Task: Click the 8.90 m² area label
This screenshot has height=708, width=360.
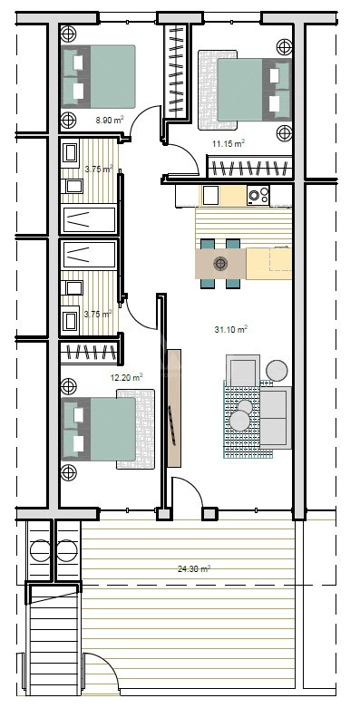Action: click(110, 120)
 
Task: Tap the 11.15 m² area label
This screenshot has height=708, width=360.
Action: click(229, 143)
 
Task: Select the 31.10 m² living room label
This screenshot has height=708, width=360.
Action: click(231, 330)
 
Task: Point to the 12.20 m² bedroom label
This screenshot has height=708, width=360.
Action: click(127, 377)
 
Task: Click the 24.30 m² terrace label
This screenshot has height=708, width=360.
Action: click(194, 569)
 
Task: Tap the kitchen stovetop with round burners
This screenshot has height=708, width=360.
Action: click(258, 195)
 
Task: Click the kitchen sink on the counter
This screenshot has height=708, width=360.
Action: click(210, 195)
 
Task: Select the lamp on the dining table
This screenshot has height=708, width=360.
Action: click(220, 263)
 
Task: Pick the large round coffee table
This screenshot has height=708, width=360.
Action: click(239, 421)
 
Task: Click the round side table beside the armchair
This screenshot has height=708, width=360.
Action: click(277, 370)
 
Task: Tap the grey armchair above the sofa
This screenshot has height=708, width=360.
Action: click(243, 369)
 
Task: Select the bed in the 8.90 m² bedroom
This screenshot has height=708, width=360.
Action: click(98, 77)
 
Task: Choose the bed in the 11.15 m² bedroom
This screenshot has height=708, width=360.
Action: click(254, 90)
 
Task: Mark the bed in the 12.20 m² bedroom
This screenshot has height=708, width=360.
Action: click(98, 429)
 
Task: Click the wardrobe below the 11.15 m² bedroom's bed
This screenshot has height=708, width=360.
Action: click(248, 167)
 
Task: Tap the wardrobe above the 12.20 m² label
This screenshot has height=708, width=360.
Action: click(91, 351)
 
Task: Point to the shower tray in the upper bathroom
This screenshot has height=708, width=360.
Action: click(89, 219)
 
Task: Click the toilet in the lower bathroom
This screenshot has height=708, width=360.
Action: click(70, 321)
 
